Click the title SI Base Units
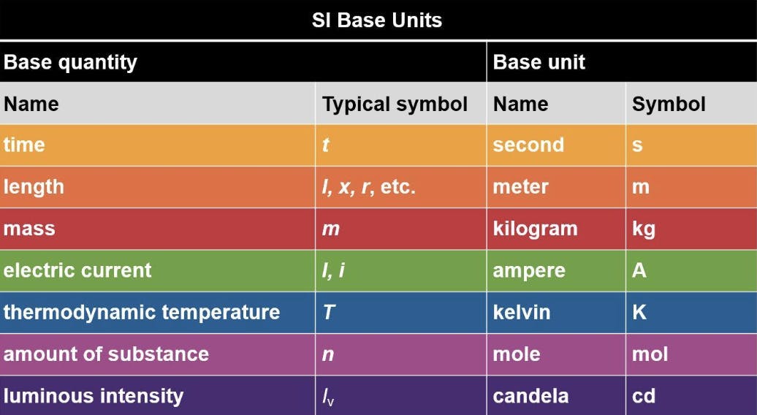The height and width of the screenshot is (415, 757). click(x=377, y=20)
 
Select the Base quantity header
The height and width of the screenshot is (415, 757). click(x=70, y=63)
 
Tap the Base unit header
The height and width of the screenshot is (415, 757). click(x=539, y=62)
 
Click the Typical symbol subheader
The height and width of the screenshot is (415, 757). click(x=395, y=104)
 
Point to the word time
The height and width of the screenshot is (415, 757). click(x=24, y=145)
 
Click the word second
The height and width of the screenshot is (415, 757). click(x=528, y=145)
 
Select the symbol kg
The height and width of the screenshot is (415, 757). click(x=644, y=229)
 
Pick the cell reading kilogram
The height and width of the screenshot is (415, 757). click(x=535, y=229)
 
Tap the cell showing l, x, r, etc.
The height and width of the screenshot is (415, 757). click(x=369, y=187)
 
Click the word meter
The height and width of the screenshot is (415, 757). click(x=520, y=187)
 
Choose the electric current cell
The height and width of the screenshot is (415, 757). click(x=77, y=270)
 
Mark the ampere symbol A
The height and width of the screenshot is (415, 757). click(x=639, y=270)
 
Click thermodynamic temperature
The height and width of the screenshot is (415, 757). click(x=142, y=312)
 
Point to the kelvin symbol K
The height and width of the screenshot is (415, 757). click(x=639, y=312)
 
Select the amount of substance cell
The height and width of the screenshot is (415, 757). click(x=106, y=354)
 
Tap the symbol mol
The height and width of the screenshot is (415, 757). click(x=650, y=354)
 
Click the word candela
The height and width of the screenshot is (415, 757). click(x=530, y=396)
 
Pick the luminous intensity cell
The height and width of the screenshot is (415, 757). click(x=94, y=396)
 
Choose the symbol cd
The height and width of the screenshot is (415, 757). click(x=644, y=396)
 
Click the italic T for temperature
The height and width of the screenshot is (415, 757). click(x=329, y=312)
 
